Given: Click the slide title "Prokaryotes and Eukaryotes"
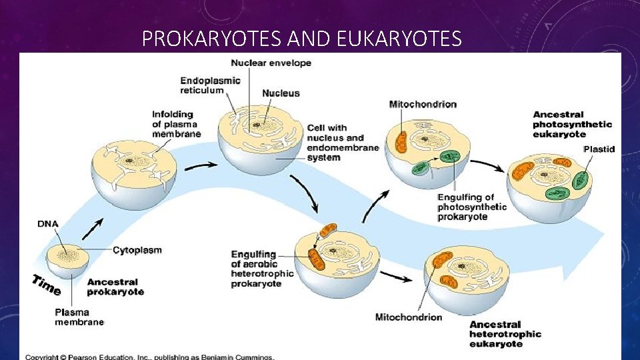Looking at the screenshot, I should click(301, 39).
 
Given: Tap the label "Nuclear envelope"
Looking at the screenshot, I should click(271, 63).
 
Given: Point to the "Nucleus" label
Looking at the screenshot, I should click(281, 93).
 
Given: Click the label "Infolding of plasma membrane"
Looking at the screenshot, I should click(176, 124).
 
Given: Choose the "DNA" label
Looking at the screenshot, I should click(47, 224).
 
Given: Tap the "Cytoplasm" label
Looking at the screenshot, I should click(137, 251).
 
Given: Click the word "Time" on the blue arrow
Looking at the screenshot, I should click(47, 285).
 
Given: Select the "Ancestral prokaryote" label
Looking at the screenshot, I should click(115, 287).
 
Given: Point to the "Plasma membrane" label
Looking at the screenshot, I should click(79, 317).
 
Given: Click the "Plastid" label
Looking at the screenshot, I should click(599, 149).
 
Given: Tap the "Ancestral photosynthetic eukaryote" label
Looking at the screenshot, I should click(572, 124).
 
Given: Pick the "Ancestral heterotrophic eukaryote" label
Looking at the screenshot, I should click(505, 334).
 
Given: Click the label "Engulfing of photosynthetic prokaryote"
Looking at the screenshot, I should click(471, 207).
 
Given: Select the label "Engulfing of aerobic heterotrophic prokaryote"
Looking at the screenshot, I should click(262, 269).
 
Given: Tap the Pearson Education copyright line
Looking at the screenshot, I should click(150, 357).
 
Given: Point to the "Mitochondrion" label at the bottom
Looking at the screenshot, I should click(409, 317).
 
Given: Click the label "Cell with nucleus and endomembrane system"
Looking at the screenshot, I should click(343, 143).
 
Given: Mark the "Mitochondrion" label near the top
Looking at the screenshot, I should click(423, 104).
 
